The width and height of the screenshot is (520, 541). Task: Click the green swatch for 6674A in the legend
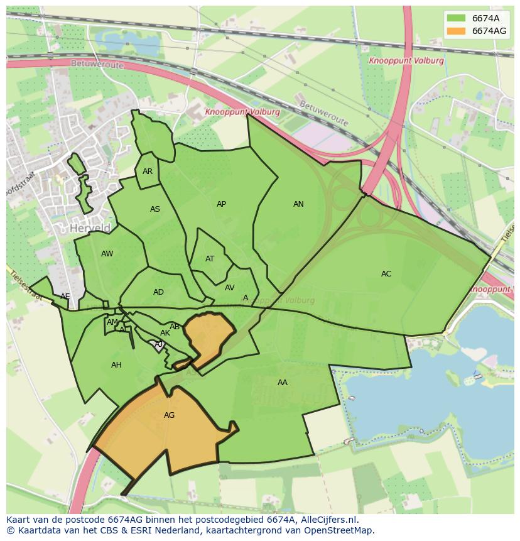click(x=456, y=18)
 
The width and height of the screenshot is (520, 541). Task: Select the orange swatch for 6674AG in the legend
click(x=456, y=31)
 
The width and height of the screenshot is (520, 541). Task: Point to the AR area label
click(x=148, y=172)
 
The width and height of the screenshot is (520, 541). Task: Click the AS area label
click(x=155, y=209)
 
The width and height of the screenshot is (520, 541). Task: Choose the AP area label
click(x=221, y=204)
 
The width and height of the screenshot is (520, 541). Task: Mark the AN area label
click(x=298, y=204)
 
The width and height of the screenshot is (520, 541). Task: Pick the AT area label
click(x=210, y=259)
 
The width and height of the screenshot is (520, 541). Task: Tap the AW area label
click(x=107, y=254)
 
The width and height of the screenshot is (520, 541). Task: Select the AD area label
click(x=158, y=292)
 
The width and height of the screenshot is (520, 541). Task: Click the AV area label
click(x=229, y=288)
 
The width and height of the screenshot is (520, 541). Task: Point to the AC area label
click(x=386, y=274)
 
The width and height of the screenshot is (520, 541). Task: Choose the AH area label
click(x=116, y=365)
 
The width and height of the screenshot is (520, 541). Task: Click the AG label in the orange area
click(x=169, y=415)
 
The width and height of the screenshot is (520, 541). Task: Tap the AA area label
click(x=283, y=383)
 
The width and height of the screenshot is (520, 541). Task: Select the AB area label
click(x=175, y=327)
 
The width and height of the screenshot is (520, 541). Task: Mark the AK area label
click(x=165, y=333)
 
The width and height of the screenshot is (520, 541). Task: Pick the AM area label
click(x=112, y=322)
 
